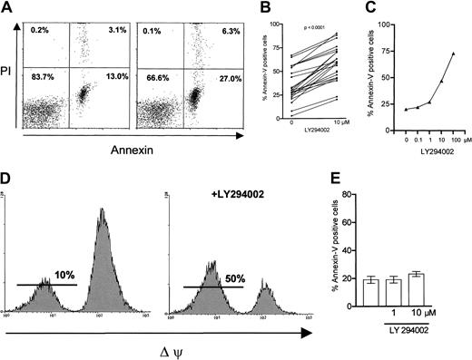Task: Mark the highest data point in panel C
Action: click(453, 54)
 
